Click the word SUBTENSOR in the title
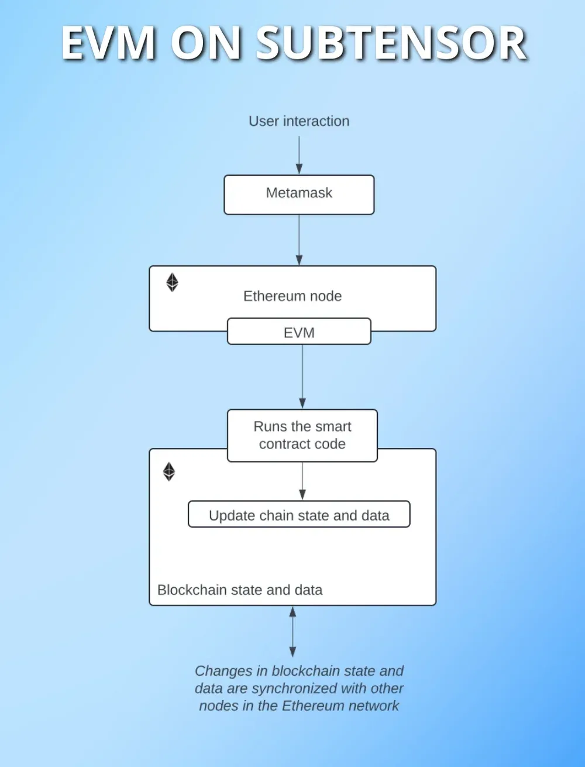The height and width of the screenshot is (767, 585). point(392,44)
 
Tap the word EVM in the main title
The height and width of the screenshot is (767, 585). point(109,44)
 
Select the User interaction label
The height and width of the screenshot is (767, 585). point(299,121)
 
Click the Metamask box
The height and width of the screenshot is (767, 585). point(299,194)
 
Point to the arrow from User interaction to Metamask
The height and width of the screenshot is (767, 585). point(299,155)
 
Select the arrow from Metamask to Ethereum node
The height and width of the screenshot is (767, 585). point(299,240)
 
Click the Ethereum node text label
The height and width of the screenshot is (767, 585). point(292,296)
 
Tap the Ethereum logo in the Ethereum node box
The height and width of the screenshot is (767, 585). point(172,282)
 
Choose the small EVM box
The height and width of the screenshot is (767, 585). point(299,332)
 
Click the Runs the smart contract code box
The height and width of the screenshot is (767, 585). point(302,435)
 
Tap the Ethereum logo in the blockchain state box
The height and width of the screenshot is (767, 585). point(169,471)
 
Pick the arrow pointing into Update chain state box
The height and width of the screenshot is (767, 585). point(302,481)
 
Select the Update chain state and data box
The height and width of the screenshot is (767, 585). point(299,515)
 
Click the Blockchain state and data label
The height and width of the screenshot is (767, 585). point(240,590)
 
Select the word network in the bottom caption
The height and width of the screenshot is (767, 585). point(370,706)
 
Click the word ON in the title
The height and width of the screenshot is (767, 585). point(206,44)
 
